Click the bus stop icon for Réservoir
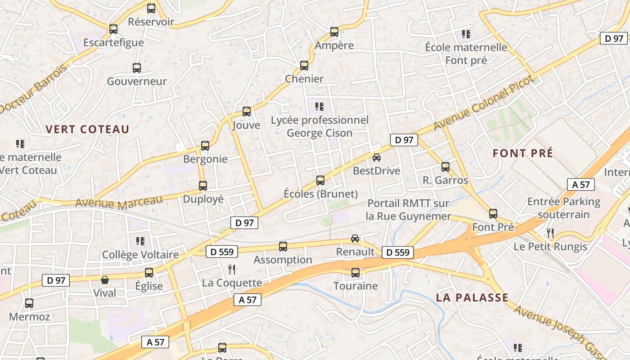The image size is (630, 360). coord(151,8)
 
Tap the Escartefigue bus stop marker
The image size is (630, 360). coord(113,29)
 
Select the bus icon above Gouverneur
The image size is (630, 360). coord(137,68)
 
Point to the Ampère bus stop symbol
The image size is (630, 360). coord(334,32)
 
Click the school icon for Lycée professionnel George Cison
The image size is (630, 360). coord(319,107)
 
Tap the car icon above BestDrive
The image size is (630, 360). coord(377,157)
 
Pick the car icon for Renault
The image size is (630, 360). coord(355,238)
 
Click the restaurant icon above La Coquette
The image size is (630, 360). coord(232,270)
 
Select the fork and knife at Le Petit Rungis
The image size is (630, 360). coord(550,233)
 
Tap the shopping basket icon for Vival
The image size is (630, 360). coord(105,280)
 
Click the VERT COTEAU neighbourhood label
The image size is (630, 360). coord(87,130)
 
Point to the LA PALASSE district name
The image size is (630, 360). coord(472,297)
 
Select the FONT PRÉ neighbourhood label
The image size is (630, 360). coord(523,153)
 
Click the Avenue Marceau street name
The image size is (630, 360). coord(119,202)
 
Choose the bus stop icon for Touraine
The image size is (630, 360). coord(355,273)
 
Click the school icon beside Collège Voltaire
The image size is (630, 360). coord(140,241)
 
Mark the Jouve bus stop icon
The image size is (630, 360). coord(247,112)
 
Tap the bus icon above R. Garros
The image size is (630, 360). coord(445,167)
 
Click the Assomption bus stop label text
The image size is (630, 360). coord(283,260)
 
